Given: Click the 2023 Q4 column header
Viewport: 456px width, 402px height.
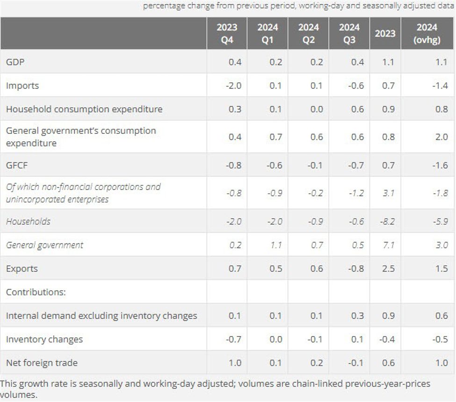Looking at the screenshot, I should [x=227, y=34].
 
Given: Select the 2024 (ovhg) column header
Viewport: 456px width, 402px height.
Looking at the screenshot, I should [x=427, y=34].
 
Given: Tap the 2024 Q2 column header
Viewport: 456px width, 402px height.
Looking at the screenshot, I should [x=308, y=34].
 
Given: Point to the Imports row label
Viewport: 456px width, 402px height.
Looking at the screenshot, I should [x=22, y=86].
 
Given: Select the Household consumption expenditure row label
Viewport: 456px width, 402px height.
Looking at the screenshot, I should [x=84, y=109].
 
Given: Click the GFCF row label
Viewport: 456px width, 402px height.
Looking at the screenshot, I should [x=17, y=165].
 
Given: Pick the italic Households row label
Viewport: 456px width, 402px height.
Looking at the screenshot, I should [x=28, y=221].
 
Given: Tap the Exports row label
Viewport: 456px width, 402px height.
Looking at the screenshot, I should [x=22, y=269].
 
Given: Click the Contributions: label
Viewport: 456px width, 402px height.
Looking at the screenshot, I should [x=36, y=292].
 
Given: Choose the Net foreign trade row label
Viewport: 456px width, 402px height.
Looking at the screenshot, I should [x=42, y=363].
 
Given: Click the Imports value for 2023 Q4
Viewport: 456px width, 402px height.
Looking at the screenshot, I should [x=234, y=86].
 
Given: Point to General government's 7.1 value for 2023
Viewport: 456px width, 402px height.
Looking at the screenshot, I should [x=389, y=245].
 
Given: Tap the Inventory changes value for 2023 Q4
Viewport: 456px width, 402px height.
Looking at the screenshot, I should [x=234, y=339].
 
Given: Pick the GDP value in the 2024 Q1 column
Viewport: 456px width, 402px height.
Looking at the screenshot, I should [x=276, y=62].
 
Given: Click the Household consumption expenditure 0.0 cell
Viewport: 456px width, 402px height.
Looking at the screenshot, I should [x=317, y=109].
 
